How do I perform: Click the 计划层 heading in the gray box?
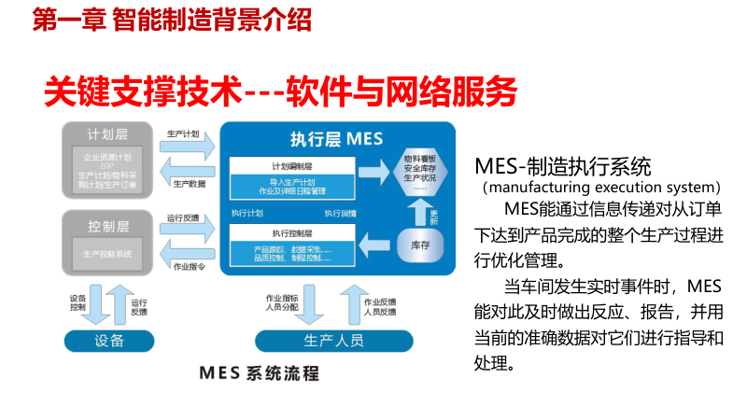pos(106,133)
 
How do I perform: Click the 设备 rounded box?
pos(108,340)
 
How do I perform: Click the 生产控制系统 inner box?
pos(106,253)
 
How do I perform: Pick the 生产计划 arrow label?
pos(183,133)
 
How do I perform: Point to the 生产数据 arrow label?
pos(190,184)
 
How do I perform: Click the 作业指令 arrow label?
pos(190,266)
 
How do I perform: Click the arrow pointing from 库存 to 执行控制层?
pos(379,246)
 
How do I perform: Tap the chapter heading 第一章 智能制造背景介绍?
pos(172,19)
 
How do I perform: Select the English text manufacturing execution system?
pos(601,187)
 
